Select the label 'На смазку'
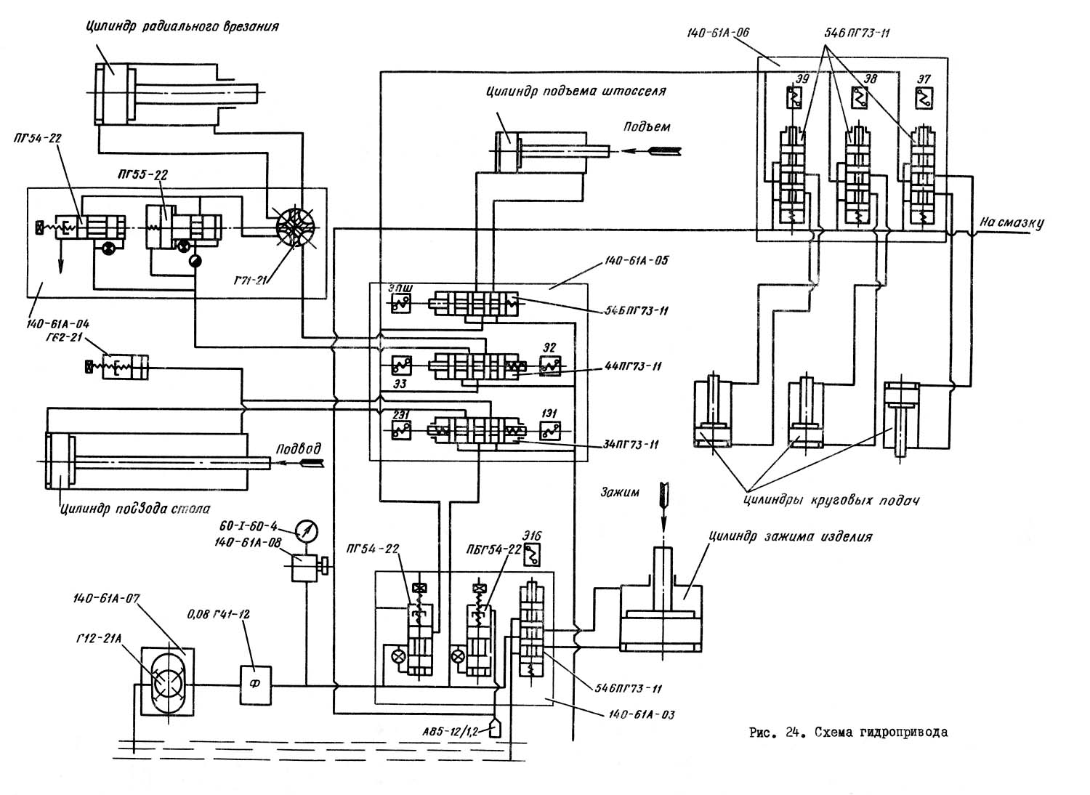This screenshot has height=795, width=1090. coord(1011,222)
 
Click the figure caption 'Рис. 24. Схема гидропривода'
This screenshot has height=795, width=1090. coord(848,733)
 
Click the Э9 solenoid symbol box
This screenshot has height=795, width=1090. coord(796,97)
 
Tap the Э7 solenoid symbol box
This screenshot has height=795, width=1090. coord(924,97)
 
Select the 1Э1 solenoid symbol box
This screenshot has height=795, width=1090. coord(549,429)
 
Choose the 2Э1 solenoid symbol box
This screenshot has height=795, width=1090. coord(400,429)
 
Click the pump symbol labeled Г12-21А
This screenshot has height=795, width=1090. coord(166,684)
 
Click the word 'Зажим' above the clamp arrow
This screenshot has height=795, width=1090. coord(620,492)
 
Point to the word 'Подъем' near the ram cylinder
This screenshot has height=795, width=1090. coord(647,126)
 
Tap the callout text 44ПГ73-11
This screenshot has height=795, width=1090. coord(631,366)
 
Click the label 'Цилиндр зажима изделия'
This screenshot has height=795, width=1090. coord(789,538)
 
